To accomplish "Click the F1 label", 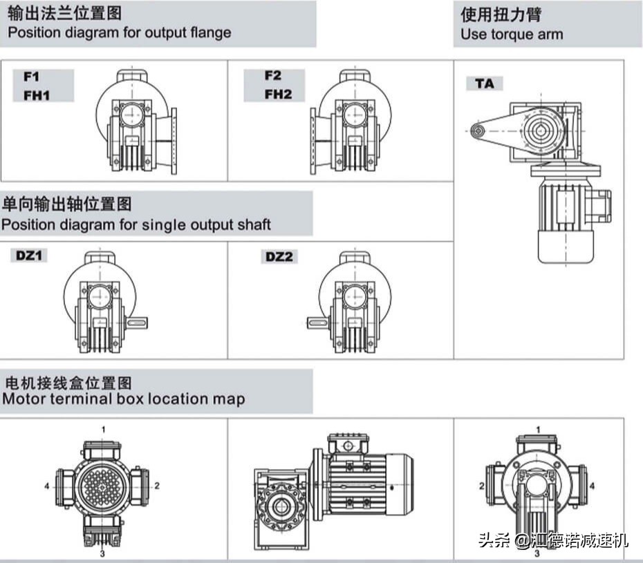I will (32, 75).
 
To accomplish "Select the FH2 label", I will (278, 94).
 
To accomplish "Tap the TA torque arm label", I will (485, 84).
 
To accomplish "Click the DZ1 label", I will (30, 256).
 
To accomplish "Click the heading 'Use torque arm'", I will (512, 34).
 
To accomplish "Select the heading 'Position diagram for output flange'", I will (120, 32).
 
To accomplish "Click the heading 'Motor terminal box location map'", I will (123, 399).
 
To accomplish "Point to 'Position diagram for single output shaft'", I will (136, 225).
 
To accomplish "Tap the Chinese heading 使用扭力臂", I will (501, 14).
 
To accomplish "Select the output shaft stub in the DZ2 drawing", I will (318, 322).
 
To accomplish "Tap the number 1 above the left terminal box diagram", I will (104, 429).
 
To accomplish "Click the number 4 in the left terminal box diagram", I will (47, 486).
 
